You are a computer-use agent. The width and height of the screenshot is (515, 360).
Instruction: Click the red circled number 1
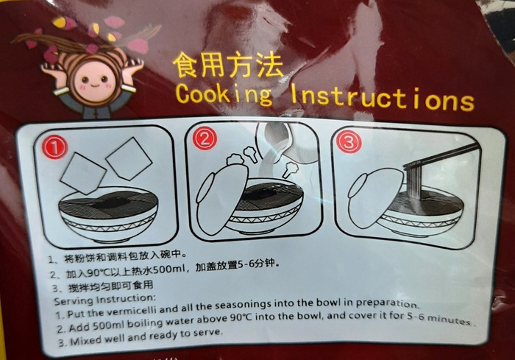point(54,147)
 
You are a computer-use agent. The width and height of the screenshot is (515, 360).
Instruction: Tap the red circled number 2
point(205,138)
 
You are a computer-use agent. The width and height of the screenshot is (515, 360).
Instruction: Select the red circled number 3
point(349,141)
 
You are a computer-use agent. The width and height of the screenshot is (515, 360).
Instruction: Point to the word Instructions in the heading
point(383,98)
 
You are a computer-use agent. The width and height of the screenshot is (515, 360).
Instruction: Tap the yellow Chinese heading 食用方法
point(227,66)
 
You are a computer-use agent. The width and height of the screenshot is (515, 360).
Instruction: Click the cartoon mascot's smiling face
point(95,81)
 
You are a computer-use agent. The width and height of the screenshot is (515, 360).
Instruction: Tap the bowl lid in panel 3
point(375,198)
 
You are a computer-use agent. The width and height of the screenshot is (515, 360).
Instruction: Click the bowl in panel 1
point(108,214)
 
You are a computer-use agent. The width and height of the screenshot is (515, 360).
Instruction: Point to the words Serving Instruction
point(104,300)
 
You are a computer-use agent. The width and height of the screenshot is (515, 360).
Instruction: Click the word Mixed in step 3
point(86,339)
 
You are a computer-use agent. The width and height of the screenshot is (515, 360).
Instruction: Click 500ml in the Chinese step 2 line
point(167,270)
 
